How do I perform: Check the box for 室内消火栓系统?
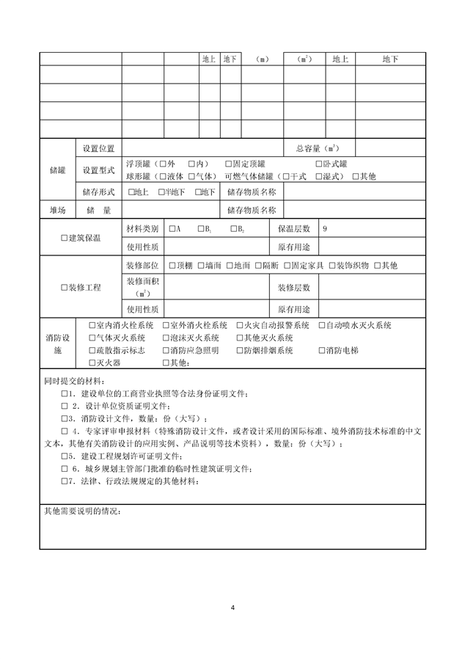click(92, 325)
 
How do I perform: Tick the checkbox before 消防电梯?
click(322, 350)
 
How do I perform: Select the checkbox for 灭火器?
click(92, 363)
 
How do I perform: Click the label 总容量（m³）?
click(316, 148)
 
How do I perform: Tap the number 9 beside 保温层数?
click(325, 229)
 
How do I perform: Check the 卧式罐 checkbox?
click(319, 164)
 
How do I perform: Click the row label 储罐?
click(57, 170)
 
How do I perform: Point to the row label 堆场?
click(57, 211)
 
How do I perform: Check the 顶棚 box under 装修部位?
click(172, 265)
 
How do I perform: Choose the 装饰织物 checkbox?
click(332, 265)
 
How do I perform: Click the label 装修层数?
click(293, 287)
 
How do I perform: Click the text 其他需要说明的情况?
click(81, 511)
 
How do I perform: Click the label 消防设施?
click(57, 344)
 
